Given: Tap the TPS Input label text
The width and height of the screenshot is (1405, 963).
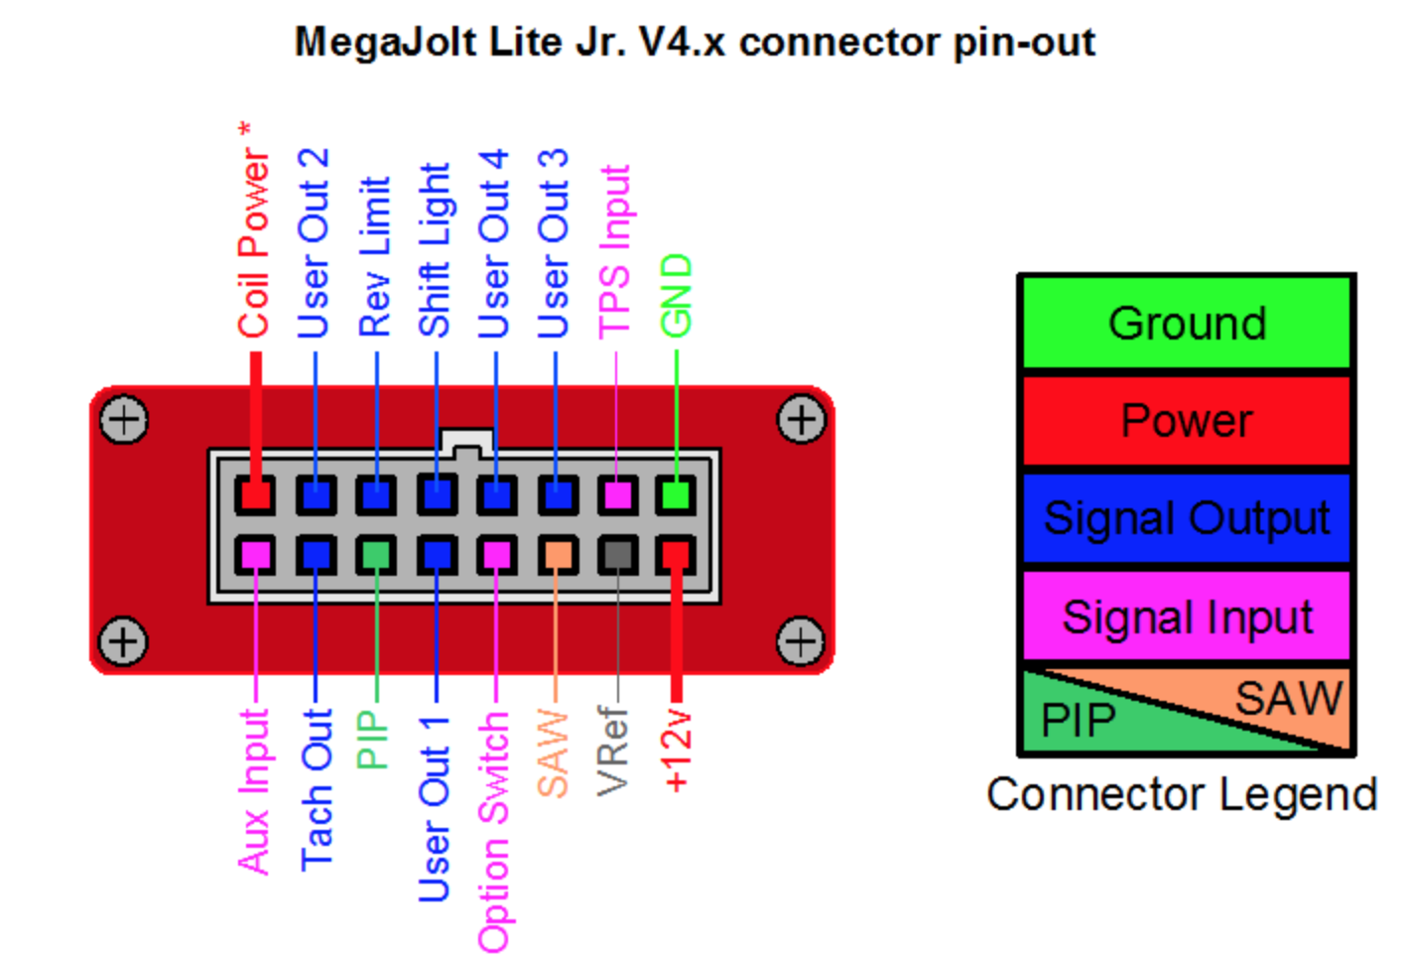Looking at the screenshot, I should click(615, 252).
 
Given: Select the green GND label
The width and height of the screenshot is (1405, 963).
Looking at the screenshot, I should click(677, 296).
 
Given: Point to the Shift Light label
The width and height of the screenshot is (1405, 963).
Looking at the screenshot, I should click(435, 250).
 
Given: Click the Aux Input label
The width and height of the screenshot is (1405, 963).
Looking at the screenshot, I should click(255, 792).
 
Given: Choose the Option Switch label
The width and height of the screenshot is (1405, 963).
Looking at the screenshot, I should click(494, 832).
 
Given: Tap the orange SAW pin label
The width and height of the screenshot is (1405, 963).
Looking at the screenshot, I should click(554, 754).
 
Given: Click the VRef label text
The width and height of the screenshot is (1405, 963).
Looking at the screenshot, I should click(614, 751).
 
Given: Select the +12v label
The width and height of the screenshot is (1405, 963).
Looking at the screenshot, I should click(677, 751).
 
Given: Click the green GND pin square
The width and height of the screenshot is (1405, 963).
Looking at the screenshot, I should click(677, 493).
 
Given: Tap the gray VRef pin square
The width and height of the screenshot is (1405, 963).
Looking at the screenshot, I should click(617, 554).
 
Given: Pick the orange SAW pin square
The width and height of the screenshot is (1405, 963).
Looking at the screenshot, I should click(558, 554).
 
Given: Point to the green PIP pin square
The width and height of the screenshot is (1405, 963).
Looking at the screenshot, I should click(376, 554).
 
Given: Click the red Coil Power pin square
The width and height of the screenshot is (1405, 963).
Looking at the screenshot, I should click(255, 493).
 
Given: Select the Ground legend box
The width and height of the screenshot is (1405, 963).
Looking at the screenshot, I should click(1187, 324).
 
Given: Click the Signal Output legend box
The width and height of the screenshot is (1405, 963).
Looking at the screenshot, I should click(1187, 518).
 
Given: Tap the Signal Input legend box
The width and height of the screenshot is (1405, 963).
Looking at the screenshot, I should click(1187, 617).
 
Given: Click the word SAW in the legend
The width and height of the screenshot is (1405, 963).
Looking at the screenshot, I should click(1288, 699).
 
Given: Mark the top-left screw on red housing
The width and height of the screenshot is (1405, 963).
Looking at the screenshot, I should click(124, 420).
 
